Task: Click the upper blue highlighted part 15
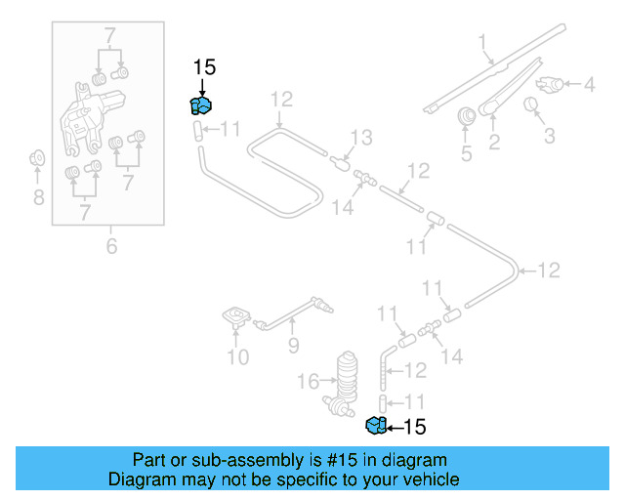click(201, 105)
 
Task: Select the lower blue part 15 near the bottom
click(375, 425)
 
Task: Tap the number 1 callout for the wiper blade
click(482, 41)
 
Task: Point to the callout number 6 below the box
click(111, 246)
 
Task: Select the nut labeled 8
click(37, 157)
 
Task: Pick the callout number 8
click(37, 198)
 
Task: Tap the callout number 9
click(293, 344)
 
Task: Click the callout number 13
click(361, 138)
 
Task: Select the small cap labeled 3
click(533, 104)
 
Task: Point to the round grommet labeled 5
click(466, 116)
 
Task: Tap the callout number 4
click(589, 85)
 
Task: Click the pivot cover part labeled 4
click(552, 85)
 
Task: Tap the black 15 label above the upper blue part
click(204, 67)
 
